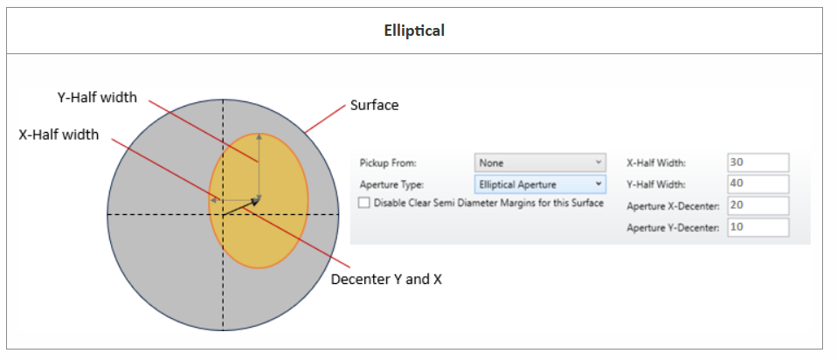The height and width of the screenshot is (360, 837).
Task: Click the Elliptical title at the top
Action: [414, 31]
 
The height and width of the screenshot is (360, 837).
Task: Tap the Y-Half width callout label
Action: [97, 98]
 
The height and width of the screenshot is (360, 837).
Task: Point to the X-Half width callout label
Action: [59, 135]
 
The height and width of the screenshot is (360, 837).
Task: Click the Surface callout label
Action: [374, 105]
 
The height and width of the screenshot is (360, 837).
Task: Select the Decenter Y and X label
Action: [386, 280]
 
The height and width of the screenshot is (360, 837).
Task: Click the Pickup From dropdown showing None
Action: [540, 163]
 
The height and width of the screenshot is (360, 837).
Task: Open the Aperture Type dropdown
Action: [540, 184]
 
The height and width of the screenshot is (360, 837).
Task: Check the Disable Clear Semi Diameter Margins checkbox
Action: [364, 203]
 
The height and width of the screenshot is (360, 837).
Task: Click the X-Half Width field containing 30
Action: [757, 163]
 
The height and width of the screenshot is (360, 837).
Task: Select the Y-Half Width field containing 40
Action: [757, 183]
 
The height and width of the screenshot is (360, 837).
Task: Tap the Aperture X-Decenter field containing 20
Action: [757, 205]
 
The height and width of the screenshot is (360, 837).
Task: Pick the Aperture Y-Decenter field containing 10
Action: [757, 227]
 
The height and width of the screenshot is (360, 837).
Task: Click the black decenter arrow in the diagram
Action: [242, 207]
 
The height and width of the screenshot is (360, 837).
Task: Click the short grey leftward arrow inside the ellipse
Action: [235, 200]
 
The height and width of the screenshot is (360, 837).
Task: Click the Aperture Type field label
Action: [391, 185]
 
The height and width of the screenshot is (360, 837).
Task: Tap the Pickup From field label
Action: [388, 163]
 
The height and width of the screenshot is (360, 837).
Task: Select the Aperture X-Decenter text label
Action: [673, 206]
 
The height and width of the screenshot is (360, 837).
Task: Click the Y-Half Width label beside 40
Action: [656, 184]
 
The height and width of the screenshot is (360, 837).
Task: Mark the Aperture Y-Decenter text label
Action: [673, 227]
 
